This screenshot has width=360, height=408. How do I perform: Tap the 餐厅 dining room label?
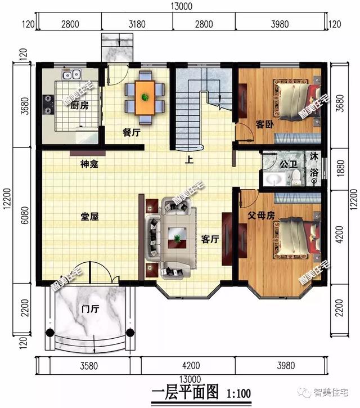(x=131, y=133)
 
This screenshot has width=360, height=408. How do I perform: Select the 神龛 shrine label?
(x=89, y=164)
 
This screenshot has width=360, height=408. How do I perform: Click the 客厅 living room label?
(x=210, y=239)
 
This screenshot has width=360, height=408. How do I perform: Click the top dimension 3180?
(x=137, y=24)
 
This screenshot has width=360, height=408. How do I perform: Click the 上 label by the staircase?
(x=190, y=159)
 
